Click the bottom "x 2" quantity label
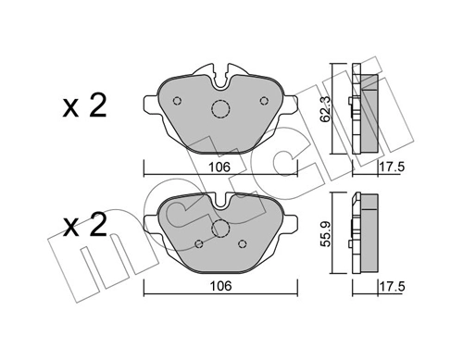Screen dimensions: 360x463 pos(84,224)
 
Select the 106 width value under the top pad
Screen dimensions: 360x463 pos(219,168)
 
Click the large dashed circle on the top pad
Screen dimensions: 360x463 pos(220,109)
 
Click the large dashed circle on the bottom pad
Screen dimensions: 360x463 pos(220,230)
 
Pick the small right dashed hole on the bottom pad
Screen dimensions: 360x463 pos(242,243)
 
